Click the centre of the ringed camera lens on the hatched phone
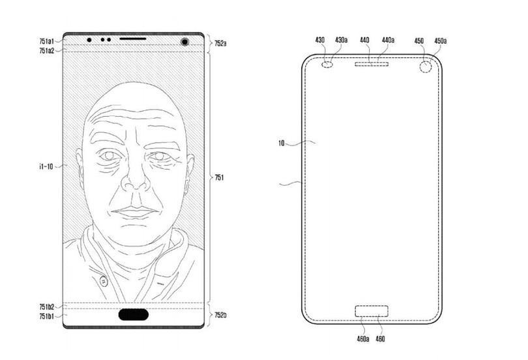[x=184, y=42]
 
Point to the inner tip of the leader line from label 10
[x=315, y=143]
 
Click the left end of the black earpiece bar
[x=120, y=38]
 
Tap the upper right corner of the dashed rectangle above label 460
[x=388, y=306]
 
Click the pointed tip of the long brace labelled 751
[x=213, y=177]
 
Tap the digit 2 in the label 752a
[x=221, y=43]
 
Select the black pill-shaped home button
[x=134, y=314]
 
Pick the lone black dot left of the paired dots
[x=89, y=40]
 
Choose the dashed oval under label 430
[x=327, y=65]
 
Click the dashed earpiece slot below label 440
[x=372, y=64]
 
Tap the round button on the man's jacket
[x=104, y=280]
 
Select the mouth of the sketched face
[x=134, y=212]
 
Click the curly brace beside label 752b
[x=209, y=315]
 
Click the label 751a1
[x=46, y=42]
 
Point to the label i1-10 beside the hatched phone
[x=46, y=166]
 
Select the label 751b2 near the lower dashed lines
[x=46, y=307]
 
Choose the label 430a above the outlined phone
[x=341, y=40]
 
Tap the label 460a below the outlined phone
[x=363, y=338]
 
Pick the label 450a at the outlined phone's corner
[x=441, y=40]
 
